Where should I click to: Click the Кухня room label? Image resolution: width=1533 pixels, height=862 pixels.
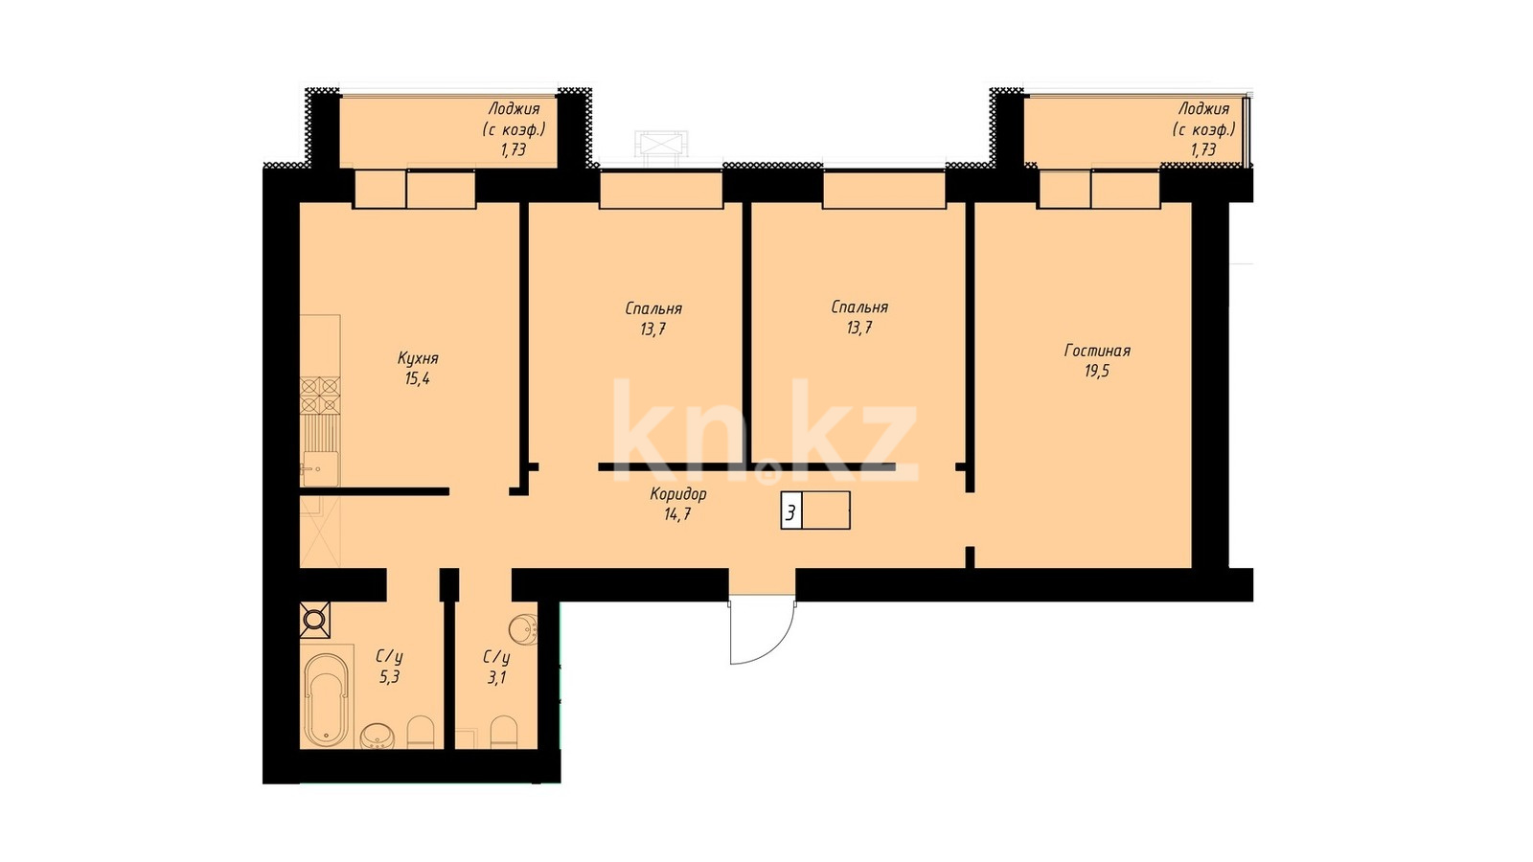tap(418, 358)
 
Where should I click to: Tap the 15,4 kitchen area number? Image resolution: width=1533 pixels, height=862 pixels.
tap(418, 379)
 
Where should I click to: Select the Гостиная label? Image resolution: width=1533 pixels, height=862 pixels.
tap(1097, 351)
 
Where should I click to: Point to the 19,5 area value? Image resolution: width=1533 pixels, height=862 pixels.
tap(1097, 372)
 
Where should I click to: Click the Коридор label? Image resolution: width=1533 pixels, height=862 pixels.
tap(678, 494)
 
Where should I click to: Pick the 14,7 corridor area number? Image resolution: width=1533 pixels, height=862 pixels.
tap(677, 514)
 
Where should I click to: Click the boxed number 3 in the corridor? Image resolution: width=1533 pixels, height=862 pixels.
tap(791, 512)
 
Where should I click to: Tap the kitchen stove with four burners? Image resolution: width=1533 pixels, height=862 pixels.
tap(320, 397)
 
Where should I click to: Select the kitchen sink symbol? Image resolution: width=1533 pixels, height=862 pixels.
tap(320, 468)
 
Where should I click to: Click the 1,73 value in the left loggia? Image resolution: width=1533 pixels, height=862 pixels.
tap(514, 149)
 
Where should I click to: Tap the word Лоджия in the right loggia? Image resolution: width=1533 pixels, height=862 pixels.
tap(1203, 109)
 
